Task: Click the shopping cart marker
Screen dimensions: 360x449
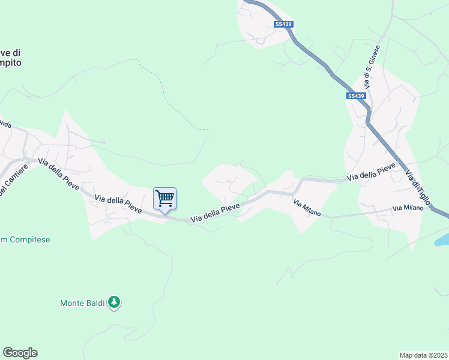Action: pos(164,198)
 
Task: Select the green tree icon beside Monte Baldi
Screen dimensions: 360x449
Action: pos(114,303)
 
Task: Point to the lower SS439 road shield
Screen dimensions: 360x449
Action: pos(356,96)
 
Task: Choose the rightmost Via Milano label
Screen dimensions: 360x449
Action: pos(408,208)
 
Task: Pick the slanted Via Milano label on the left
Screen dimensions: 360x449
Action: pos(307,208)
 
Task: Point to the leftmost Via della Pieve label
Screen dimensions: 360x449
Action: pos(59,174)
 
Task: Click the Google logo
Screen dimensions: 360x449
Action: pos(20,352)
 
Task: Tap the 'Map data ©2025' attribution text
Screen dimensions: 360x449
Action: pos(424,355)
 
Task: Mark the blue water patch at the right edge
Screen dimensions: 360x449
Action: pos(442,239)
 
